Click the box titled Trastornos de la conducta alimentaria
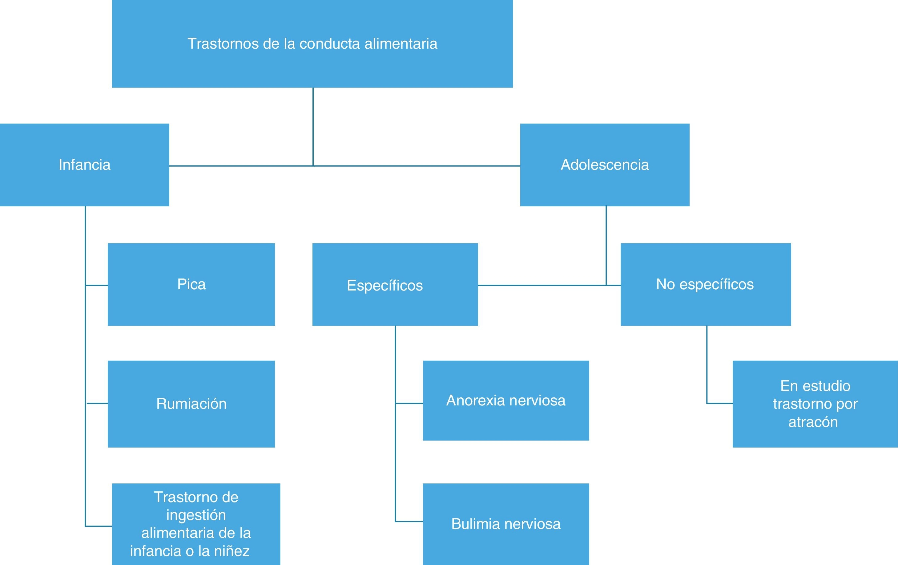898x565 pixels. (x=312, y=44)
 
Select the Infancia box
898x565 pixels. (x=84, y=165)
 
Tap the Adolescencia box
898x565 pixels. (x=605, y=165)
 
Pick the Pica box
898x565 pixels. (x=191, y=284)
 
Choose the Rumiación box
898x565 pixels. (x=191, y=404)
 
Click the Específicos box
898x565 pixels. (x=395, y=285)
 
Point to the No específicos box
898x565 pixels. (x=706, y=284)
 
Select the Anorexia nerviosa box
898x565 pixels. (x=506, y=400)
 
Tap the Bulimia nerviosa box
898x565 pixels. (x=506, y=524)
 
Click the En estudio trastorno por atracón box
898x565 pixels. (x=815, y=404)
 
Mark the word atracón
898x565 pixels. (x=813, y=422)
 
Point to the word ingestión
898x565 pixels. (x=196, y=515)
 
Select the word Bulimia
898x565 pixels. (x=473, y=524)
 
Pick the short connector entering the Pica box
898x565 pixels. (x=97, y=285)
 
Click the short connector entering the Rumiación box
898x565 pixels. (x=97, y=403)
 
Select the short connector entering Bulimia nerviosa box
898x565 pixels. (x=409, y=521)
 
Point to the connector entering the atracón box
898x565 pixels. (x=720, y=403)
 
